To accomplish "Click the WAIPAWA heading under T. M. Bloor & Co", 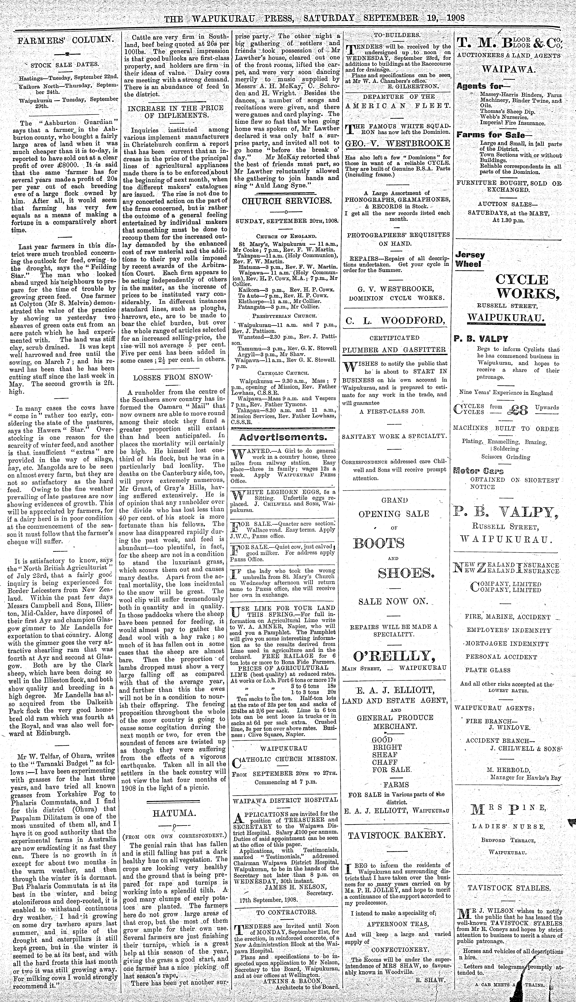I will tap(508, 69).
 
